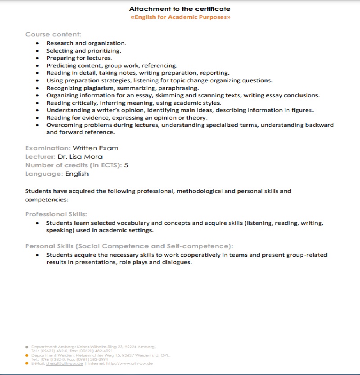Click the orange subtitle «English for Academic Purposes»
coord(180,17)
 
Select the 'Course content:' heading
coord(53,34)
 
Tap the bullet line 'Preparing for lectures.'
coord(79,58)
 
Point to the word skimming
coord(170,95)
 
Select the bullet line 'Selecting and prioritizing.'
coord(84,51)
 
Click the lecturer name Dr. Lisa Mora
coord(80,156)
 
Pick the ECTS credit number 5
coord(126,165)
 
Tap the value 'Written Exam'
coord(96,148)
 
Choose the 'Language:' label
coord(44,174)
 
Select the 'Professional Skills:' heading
coord(56,214)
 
